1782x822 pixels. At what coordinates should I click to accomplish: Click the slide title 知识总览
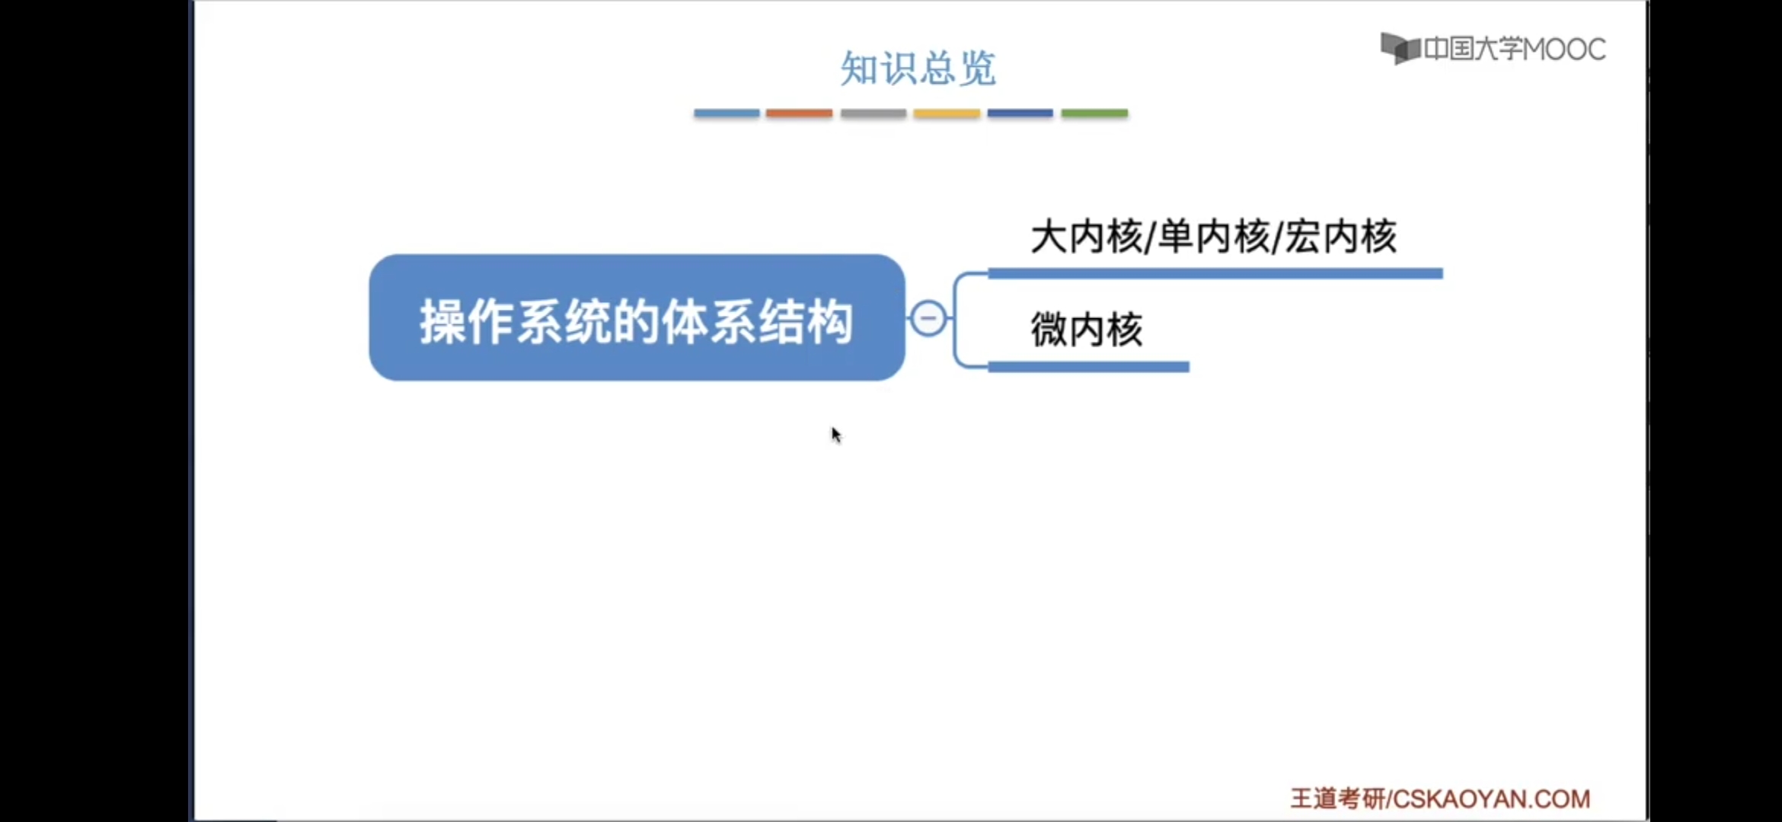(x=918, y=68)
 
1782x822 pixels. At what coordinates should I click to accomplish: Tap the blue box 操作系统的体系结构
(x=637, y=317)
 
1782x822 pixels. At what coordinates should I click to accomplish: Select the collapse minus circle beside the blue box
(x=928, y=318)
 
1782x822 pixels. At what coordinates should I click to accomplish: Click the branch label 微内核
(x=1087, y=330)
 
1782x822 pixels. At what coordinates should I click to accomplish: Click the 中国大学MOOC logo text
(x=1515, y=49)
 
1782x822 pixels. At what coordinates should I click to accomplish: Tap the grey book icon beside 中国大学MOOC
(x=1400, y=49)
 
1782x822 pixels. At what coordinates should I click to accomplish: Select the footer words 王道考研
(x=1338, y=798)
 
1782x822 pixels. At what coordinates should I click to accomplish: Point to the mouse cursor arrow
(x=836, y=435)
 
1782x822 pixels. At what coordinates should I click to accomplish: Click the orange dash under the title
(x=799, y=113)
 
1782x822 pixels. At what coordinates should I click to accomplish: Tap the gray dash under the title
(x=873, y=113)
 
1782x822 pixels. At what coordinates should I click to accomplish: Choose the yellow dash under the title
(x=947, y=113)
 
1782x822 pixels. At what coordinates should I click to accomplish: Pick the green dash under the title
(x=1094, y=113)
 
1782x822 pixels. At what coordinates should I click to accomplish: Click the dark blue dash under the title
(x=1020, y=113)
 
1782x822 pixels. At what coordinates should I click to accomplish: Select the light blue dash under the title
(x=727, y=113)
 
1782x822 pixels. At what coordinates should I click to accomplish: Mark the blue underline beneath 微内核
(x=1089, y=367)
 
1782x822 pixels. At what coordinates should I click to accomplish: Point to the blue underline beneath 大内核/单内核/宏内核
(x=1215, y=273)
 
